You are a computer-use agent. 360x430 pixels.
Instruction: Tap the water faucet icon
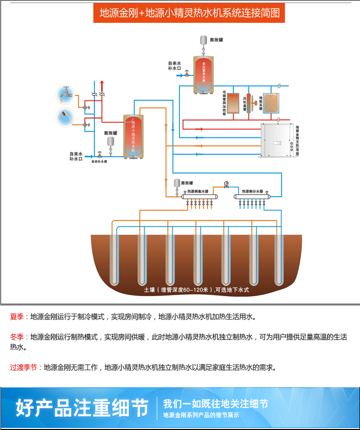[x=65, y=94]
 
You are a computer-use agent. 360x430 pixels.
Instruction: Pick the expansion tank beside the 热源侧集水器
[x=177, y=183]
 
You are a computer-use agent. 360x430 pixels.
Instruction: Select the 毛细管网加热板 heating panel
[x=233, y=103]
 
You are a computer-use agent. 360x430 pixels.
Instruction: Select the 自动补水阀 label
[x=99, y=162]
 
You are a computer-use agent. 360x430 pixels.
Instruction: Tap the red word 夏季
[x=17, y=317]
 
